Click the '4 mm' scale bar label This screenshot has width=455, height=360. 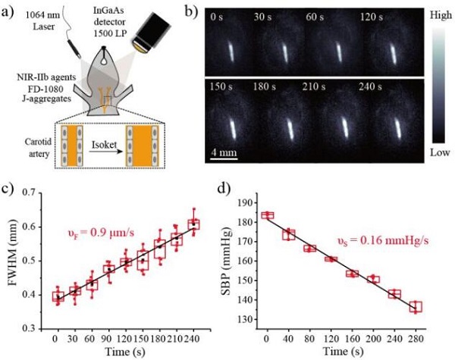pos(225,152)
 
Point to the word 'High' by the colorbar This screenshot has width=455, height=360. pos(438,14)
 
